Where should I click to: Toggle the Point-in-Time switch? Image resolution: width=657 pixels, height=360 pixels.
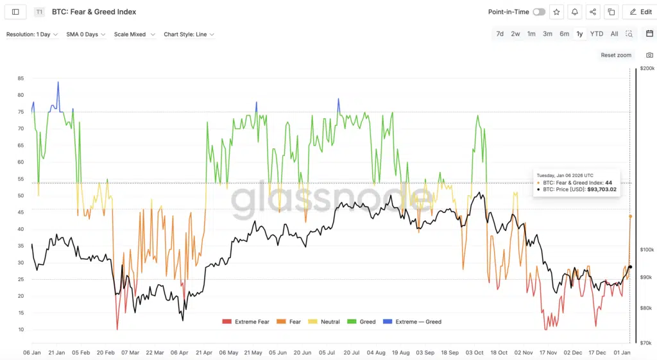tap(539, 12)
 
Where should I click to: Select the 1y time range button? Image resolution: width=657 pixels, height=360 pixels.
tap(579, 34)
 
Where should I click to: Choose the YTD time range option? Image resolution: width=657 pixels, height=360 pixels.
tap(597, 34)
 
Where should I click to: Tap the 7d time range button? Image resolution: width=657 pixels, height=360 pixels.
tap(500, 34)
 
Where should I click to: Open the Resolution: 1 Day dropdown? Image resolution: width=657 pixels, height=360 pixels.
tap(32, 35)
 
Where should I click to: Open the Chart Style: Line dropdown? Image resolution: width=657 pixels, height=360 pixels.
tap(189, 35)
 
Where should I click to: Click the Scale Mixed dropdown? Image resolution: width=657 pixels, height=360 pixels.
tap(134, 35)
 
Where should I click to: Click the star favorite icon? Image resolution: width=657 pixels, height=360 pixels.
tap(556, 12)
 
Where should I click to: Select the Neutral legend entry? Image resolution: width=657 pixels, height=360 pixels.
tap(326, 321)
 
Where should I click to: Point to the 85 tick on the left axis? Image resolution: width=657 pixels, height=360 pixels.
tap(21, 78)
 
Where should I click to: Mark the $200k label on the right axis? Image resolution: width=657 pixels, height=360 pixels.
tap(647, 68)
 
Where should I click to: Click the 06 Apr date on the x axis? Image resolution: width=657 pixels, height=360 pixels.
tap(179, 353)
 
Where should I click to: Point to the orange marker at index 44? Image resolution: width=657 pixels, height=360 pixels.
tap(630, 216)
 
